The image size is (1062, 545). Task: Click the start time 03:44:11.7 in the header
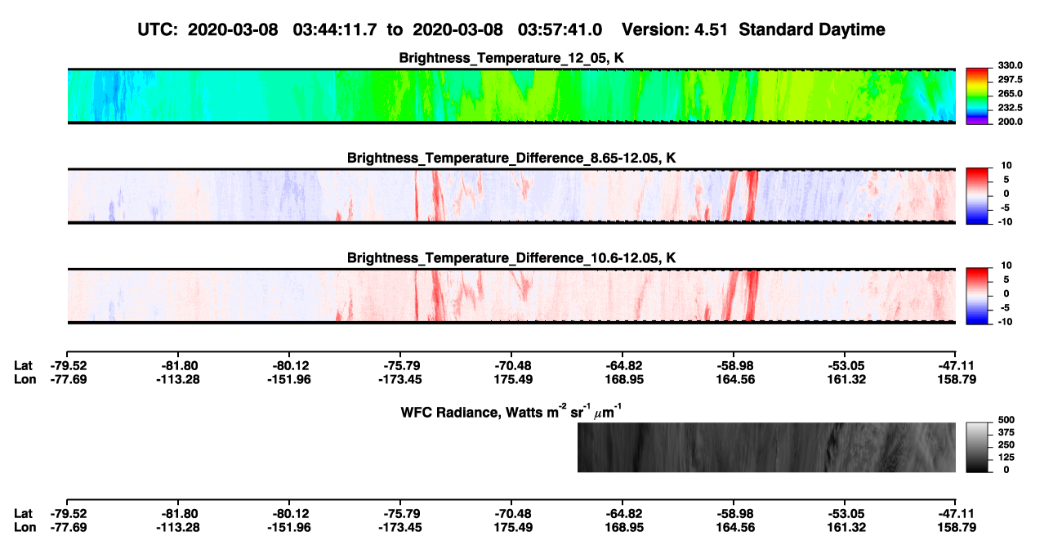335,30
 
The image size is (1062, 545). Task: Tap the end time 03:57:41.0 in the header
560,30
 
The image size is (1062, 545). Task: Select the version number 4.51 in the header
710,30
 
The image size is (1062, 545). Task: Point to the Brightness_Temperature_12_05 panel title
511,58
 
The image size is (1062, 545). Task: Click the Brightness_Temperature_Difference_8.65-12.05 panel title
511,158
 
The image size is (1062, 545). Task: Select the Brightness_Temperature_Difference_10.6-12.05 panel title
511,258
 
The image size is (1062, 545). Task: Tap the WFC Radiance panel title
511,412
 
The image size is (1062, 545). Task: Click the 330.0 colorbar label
1010,65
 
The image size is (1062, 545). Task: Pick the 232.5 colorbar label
1010,108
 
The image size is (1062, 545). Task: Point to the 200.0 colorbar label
1010,122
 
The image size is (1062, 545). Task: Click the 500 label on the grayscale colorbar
1006,420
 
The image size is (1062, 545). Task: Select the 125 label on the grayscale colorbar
1006,458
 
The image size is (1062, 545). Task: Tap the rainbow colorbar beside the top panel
977,96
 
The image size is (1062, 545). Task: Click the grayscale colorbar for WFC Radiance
977,447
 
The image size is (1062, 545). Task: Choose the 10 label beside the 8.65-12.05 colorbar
1006,166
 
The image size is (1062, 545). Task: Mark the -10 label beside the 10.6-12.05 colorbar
1004,322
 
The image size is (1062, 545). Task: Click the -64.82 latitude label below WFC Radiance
624,514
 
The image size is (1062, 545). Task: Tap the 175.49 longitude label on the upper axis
513,379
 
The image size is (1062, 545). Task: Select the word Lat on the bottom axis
23,514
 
